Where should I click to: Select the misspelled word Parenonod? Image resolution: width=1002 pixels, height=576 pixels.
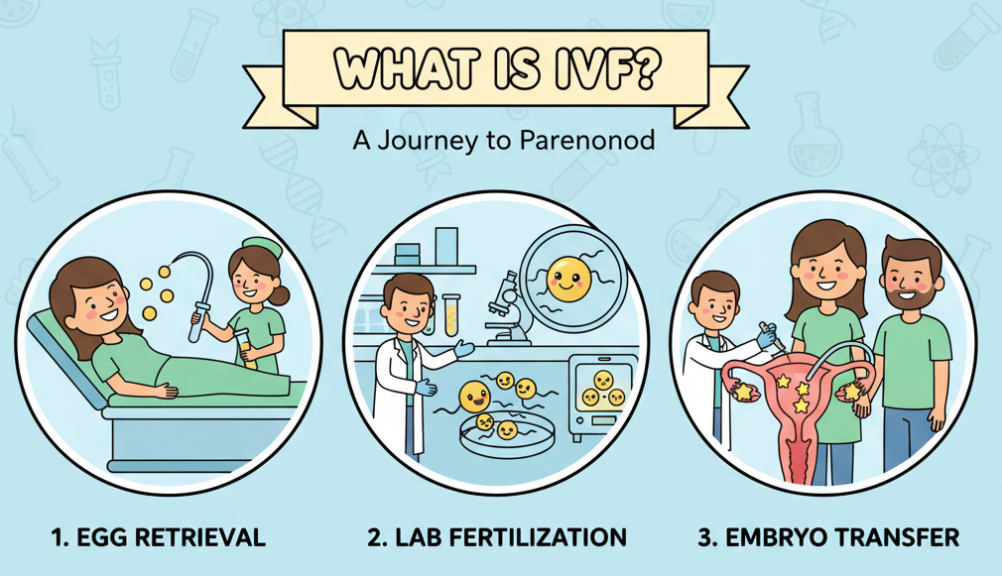coord(587,140)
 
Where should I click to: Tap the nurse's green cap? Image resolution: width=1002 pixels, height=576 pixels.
coord(263,247)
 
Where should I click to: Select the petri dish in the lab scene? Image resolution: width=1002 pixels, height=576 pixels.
coord(507,435)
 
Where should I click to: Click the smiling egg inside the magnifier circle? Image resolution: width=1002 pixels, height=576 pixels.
coord(568,279)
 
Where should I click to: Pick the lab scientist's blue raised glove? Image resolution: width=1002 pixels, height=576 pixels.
coord(464,348)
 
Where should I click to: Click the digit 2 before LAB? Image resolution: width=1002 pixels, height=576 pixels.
coord(375,537)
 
